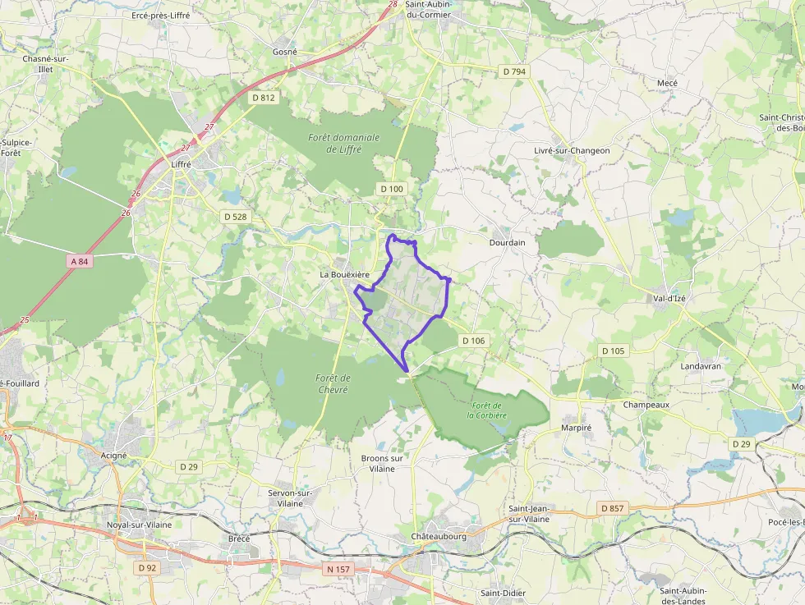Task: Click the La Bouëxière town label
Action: tap(344, 273)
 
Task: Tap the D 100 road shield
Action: tap(392, 189)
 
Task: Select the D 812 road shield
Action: tap(263, 98)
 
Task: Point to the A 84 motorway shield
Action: tap(79, 261)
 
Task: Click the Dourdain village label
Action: tap(507, 243)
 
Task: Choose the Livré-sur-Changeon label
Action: tap(572, 150)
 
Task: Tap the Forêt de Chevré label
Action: tap(333, 383)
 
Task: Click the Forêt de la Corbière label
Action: tap(487, 410)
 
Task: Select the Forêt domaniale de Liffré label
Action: tap(344, 143)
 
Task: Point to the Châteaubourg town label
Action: tap(439, 536)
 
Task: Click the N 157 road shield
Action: tap(338, 569)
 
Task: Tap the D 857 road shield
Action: tap(612, 508)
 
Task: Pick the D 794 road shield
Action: tap(515, 71)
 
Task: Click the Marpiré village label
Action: tap(576, 428)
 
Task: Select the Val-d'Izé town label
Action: tap(669, 298)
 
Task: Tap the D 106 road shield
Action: tap(473, 340)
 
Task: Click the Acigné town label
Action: tap(113, 455)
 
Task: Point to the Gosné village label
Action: tap(284, 51)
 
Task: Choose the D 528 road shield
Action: tap(235, 217)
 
